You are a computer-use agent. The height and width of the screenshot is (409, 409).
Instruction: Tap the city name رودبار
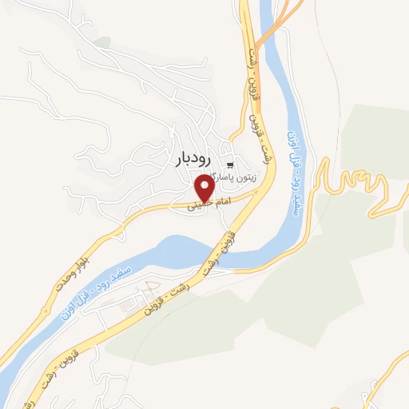pos(194,160)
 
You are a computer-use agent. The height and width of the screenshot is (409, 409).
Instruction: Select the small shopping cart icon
pos(231,164)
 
